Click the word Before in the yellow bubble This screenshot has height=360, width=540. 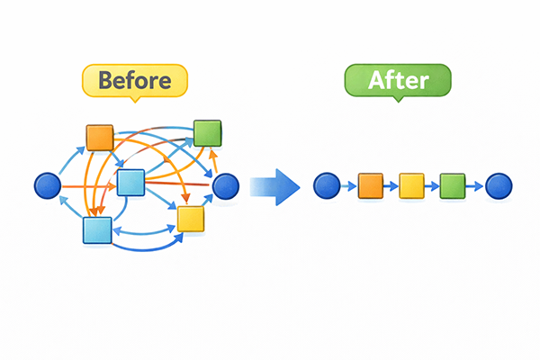tap(135, 80)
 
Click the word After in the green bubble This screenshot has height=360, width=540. tap(398, 80)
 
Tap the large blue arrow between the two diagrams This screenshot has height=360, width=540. tap(275, 186)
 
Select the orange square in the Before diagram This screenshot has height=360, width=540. tap(99, 138)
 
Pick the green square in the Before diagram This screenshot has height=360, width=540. tap(208, 132)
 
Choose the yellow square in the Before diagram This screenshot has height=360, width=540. tap(191, 219)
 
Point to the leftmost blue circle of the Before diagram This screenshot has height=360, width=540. tap(47, 186)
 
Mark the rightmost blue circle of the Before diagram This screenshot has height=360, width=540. tap(226, 186)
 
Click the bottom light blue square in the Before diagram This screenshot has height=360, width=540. tap(96, 230)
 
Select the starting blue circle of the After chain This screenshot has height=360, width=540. tap(326, 186)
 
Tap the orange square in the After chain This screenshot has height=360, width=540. tap(370, 186)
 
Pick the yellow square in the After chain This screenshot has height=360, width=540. tap(411, 186)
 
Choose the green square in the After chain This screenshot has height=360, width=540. tap(453, 186)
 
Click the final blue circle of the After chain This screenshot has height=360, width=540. tap(498, 186)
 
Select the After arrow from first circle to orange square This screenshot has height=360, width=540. tap(348, 186)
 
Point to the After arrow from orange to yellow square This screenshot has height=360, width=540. tap(391, 186)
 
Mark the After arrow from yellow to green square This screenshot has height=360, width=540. tap(432, 186)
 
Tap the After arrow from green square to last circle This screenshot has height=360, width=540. tap(474, 186)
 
